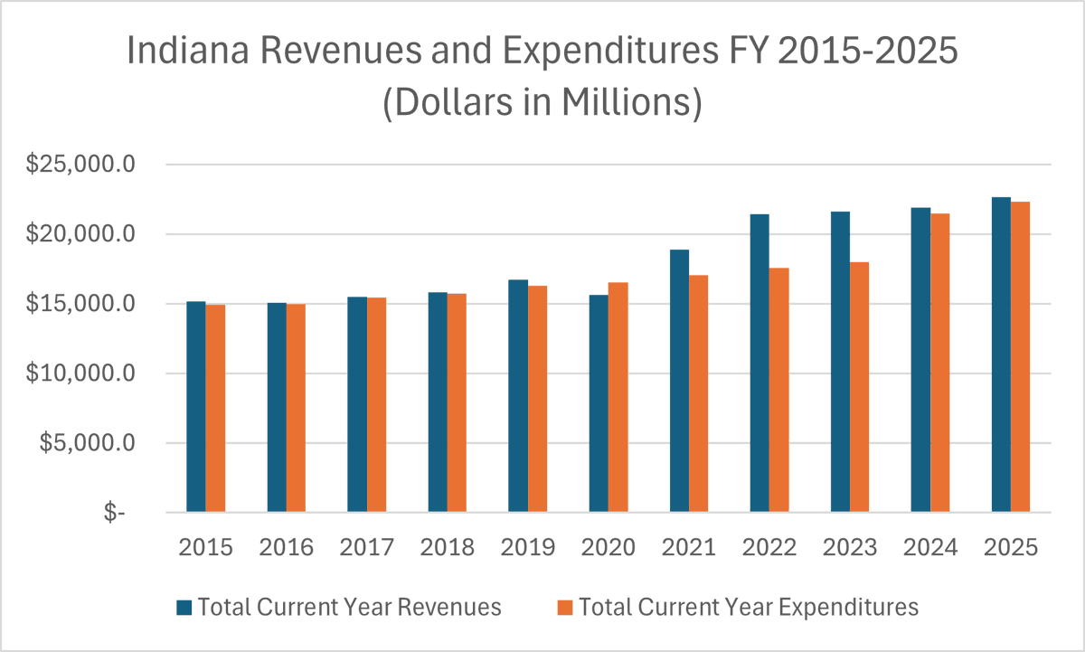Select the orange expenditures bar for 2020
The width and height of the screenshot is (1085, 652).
click(x=618, y=398)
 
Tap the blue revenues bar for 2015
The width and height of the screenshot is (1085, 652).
click(x=195, y=407)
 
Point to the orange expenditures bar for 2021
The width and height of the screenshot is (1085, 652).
click(x=698, y=394)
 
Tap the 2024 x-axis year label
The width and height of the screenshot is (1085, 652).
click(x=930, y=548)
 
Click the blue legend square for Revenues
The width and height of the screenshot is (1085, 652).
click(x=184, y=607)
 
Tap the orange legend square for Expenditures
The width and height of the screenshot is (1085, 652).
click(x=565, y=607)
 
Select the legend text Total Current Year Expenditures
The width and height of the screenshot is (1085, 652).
click(x=749, y=607)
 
